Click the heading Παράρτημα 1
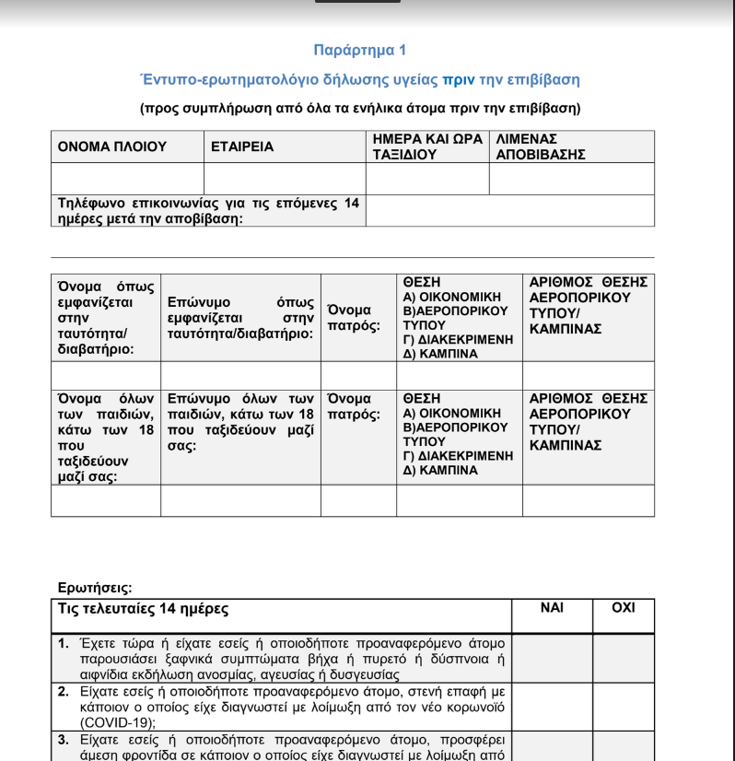[x=359, y=51]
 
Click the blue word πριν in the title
[x=459, y=80]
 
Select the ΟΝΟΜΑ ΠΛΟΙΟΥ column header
[x=112, y=146]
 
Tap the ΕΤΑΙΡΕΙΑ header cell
[x=243, y=146]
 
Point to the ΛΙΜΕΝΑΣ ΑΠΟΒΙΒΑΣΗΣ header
[x=541, y=146]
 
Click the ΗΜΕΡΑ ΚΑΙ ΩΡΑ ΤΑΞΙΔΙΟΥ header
[x=428, y=146]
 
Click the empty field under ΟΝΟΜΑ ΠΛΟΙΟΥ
[x=127, y=179]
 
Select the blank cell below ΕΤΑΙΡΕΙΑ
[x=285, y=179]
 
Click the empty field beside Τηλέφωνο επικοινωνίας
[x=510, y=211]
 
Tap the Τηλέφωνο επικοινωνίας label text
[x=208, y=211]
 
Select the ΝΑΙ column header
[x=552, y=609]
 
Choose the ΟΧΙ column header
[x=623, y=609]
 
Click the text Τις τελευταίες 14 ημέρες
[x=144, y=609]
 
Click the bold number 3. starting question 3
[x=64, y=739]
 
